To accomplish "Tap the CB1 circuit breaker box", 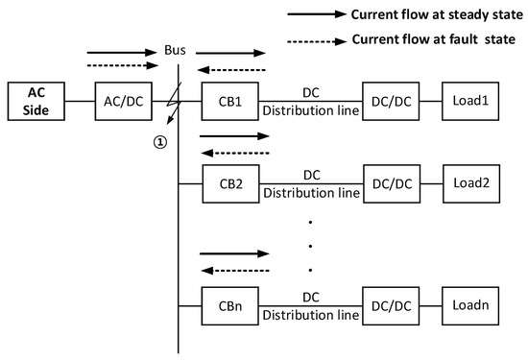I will (x=228, y=100).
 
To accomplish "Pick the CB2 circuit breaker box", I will (x=228, y=182).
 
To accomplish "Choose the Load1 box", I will (x=470, y=100).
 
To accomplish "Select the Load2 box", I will (x=470, y=182).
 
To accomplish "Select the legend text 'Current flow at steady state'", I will (x=424, y=14).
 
